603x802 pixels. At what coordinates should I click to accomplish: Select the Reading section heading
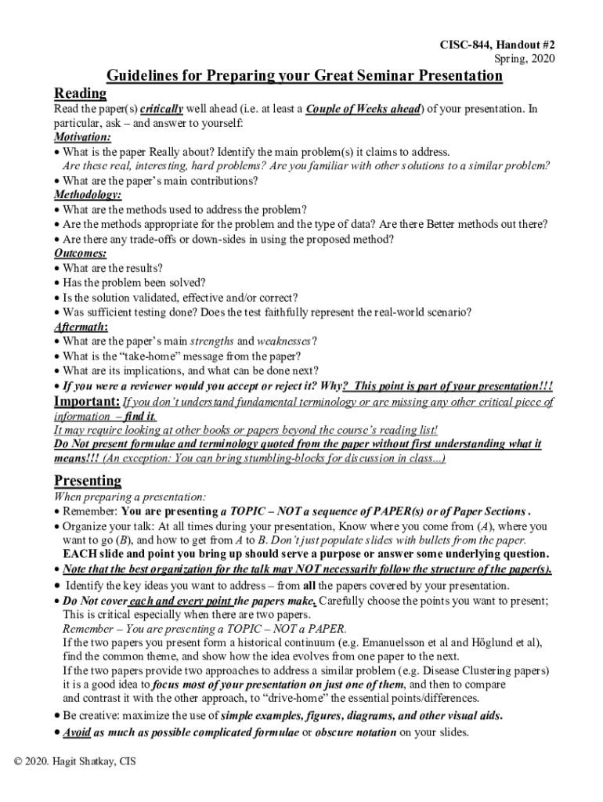click(x=80, y=93)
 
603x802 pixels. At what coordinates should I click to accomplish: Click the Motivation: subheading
click(x=82, y=137)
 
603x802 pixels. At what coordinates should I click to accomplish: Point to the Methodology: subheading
click(x=88, y=194)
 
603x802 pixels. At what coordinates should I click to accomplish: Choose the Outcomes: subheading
click(x=81, y=253)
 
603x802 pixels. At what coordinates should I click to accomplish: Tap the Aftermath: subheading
click(x=81, y=326)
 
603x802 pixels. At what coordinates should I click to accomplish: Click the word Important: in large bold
click(x=86, y=402)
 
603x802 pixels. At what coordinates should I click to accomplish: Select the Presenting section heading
click(x=87, y=479)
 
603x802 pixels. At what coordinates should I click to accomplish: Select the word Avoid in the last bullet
click(x=77, y=732)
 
